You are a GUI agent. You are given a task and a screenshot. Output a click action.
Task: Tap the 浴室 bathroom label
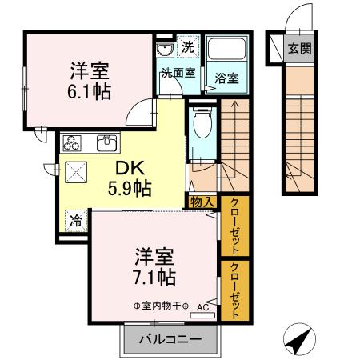[x=225, y=78]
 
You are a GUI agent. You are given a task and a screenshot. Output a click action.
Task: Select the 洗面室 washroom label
[x=178, y=73]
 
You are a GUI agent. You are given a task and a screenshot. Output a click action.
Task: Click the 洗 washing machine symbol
[x=187, y=47]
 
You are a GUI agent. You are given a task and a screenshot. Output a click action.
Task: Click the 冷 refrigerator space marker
[x=75, y=218]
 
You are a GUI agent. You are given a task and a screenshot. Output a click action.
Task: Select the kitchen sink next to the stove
[x=106, y=144]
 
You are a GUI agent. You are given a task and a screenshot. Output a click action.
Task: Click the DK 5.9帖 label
[x=130, y=178]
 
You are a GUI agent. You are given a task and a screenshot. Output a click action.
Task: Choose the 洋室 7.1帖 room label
[x=154, y=268]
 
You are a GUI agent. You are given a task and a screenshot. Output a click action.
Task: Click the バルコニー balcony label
[x=169, y=339]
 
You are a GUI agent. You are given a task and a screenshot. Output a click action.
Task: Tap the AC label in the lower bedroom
[x=202, y=306]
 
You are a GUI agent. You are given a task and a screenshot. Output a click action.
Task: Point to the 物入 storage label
[x=202, y=202]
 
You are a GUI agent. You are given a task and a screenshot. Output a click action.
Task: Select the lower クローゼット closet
[x=234, y=291]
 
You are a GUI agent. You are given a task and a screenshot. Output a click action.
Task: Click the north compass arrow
[x=298, y=342]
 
